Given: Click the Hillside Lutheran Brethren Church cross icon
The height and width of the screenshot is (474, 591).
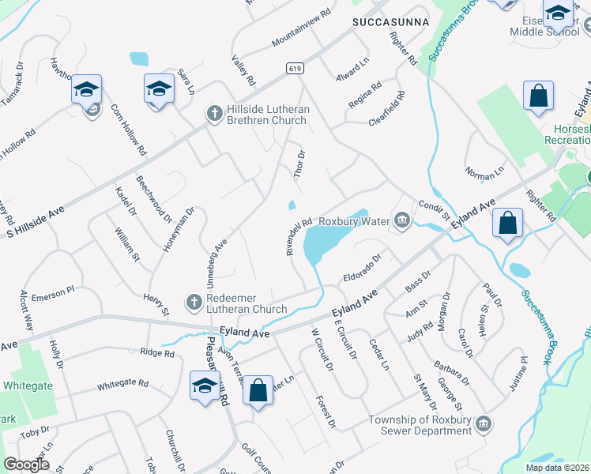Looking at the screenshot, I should click(213, 112).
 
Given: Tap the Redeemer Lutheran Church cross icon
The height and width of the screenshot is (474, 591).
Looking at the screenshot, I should click(194, 302).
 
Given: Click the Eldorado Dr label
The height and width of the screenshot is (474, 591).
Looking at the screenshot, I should click(362, 269).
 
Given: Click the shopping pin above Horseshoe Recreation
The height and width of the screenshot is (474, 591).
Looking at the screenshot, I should click(537, 96).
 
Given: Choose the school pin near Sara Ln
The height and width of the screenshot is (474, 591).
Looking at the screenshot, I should click(159, 88).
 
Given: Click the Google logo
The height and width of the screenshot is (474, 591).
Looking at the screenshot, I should click(27, 465).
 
